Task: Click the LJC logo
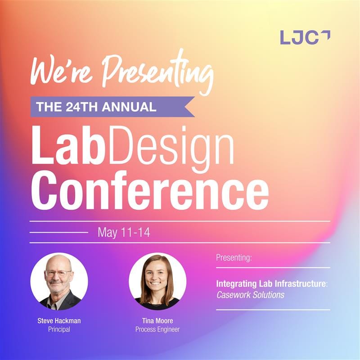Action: (x=305, y=37)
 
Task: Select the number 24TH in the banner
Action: (x=82, y=107)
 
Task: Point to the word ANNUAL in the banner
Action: (x=129, y=107)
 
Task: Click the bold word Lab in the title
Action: (x=67, y=145)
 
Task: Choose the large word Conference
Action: (x=150, y=190)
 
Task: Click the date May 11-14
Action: (x=124, y=232)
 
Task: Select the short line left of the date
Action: (x=59, y=232)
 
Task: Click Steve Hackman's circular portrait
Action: (x=59, y=282)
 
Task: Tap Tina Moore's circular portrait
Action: (x=157, y=282)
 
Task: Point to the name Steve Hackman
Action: (x=59, y=321)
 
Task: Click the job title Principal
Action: (x=59, y=329)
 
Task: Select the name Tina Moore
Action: (x=157, y=321)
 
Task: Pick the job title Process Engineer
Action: (x=157, y=329)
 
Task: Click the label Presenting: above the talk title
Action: (x=234, y=258)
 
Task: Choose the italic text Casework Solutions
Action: (x=250, y=295)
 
